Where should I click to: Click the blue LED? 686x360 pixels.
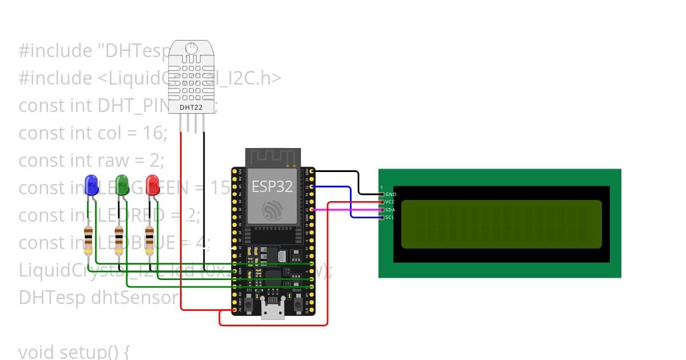coord(90,184)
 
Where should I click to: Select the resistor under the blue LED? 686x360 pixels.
coord(89,240)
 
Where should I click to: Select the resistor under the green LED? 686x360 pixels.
coord(119,240)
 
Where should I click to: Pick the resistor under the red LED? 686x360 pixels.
coord(150,240)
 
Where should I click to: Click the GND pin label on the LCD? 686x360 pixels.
coord(390,195)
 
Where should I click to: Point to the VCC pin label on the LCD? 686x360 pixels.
coord(390,202)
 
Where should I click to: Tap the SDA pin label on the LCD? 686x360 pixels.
coord(390,210)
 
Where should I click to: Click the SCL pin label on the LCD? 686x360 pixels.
coord(390,217)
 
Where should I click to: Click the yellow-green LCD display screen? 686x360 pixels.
coord(501,224)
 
